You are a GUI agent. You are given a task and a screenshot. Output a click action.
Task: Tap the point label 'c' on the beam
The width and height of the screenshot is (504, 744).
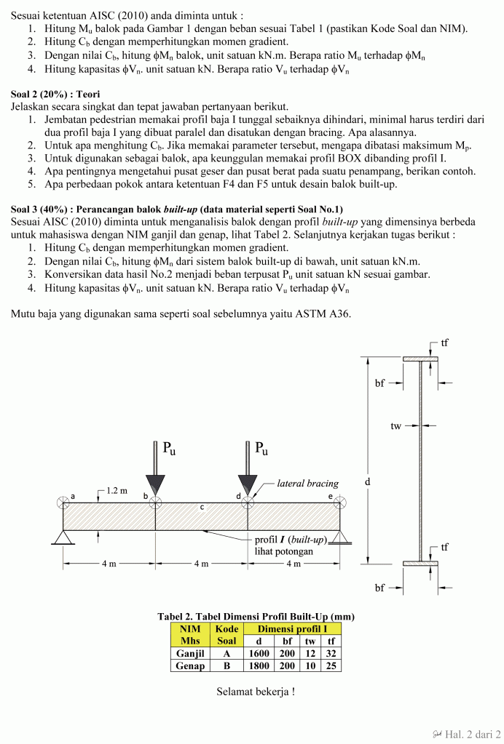(x=202, y=508)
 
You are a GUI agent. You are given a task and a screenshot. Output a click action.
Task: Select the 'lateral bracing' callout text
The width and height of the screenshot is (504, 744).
(x=308, y=483)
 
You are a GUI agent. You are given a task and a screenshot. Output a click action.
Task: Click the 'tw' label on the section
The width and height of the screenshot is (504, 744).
(x=395, y=425)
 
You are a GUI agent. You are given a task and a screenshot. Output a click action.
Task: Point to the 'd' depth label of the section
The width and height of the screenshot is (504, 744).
(x=367, y=482)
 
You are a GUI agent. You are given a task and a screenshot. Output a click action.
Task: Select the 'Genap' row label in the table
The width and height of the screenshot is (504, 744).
(x=190, y=665)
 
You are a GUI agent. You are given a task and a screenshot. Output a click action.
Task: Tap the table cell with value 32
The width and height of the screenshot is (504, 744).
(x=331, y=653)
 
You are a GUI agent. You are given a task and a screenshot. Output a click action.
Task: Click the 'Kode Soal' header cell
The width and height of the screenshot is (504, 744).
(x=227, y=635)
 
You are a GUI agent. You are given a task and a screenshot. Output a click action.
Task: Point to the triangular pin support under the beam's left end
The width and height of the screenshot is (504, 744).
(x=63, y=538)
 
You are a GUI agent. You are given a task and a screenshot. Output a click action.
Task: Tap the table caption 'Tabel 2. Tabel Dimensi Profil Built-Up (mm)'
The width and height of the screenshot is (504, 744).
(x=256, y=616)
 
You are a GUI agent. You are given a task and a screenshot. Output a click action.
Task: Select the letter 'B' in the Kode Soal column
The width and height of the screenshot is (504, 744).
(x=227, y=665)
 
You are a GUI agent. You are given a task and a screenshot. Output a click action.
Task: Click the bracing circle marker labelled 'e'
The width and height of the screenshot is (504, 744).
(x=340, y=503)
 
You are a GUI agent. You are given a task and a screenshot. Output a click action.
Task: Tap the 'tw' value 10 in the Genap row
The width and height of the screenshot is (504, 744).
(x=310, y=665)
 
